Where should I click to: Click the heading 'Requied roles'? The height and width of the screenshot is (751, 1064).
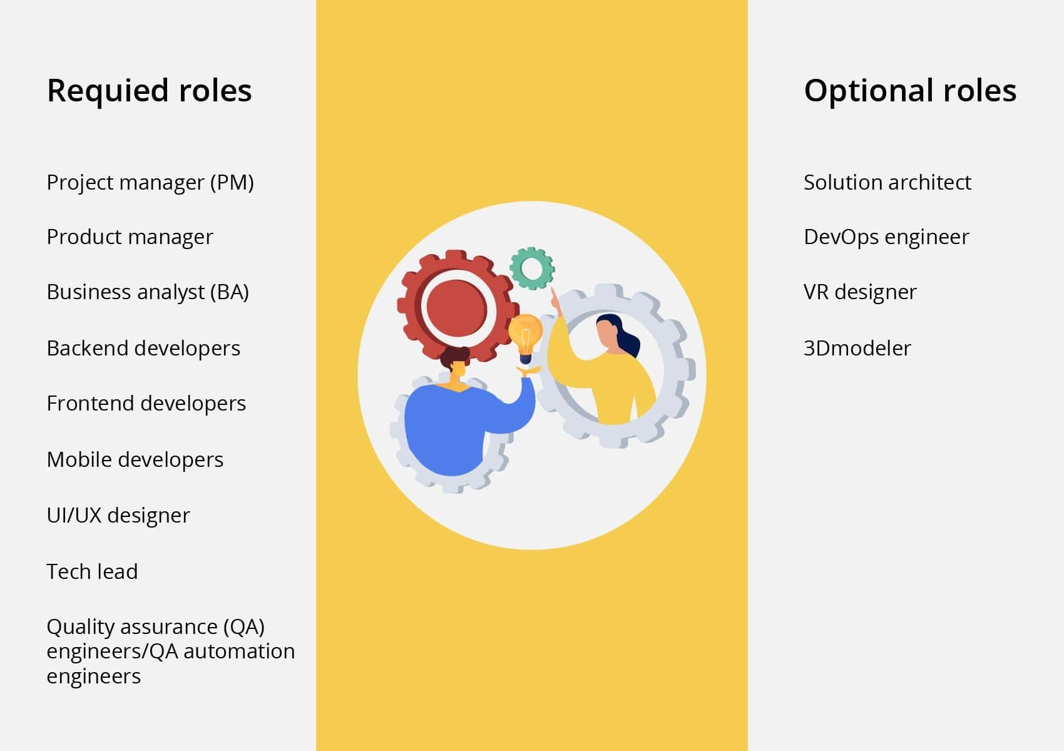(x=149, y=91)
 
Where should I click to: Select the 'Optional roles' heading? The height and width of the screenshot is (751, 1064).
(x=909, y=91)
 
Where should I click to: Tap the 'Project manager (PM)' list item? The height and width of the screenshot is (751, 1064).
(x=150, y=183)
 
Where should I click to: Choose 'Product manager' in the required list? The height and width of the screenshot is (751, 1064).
(x=130, y=237)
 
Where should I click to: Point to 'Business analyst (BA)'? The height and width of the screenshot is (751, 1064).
(x=148, y=292)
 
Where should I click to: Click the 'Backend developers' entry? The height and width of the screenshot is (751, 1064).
(x=143, y=348)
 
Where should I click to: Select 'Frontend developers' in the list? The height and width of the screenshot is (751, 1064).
(x=146, y=404)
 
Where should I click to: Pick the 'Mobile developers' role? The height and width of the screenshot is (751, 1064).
(x=135, y=460)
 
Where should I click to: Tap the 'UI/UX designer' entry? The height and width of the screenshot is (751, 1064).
(x=118, y=516)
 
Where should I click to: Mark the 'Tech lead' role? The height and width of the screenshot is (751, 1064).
(x=92, y=571)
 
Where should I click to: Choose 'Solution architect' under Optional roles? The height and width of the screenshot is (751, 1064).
(x=887, y=183)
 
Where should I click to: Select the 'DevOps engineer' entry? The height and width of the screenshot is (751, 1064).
(x=886, y=237)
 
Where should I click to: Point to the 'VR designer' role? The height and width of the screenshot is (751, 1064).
(x=859, y=292)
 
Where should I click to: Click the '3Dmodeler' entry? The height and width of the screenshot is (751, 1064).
(x=857, y=348)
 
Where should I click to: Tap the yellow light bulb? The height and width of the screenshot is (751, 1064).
(x=525, y=335)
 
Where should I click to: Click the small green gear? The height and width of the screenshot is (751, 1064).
(x=532, y=268)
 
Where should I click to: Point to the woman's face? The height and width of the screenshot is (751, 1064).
(x=606, y=335)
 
